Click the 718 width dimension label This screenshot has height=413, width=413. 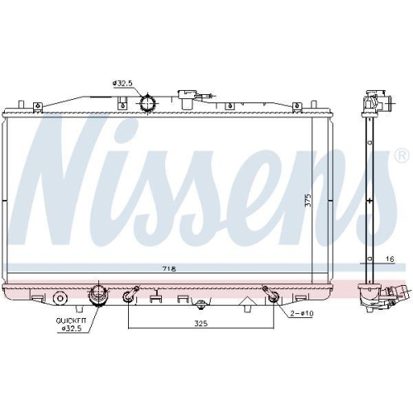click(x=168, y=269)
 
